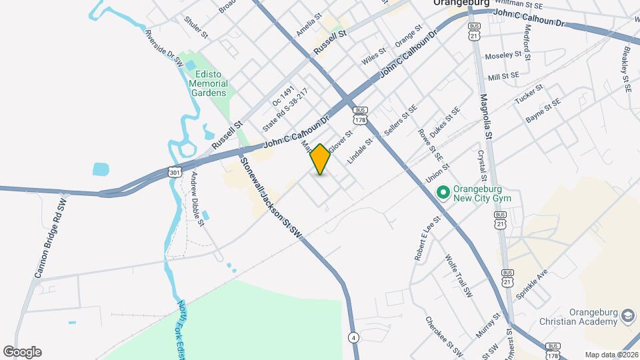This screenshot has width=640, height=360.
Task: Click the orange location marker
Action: point(320,159)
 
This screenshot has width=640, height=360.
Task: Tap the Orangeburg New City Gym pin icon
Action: point(441,193)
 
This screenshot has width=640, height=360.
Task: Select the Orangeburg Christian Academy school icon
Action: point(627,315)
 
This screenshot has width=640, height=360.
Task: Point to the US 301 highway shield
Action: point(174,172)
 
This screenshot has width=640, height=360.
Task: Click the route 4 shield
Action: point(352,337)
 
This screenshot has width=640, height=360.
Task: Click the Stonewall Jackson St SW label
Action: point(271,198)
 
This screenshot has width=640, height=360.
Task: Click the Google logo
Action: point(22,352)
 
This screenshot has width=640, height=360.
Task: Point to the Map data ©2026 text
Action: point(611,355)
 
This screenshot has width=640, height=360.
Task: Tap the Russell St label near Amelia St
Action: point(331,41)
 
